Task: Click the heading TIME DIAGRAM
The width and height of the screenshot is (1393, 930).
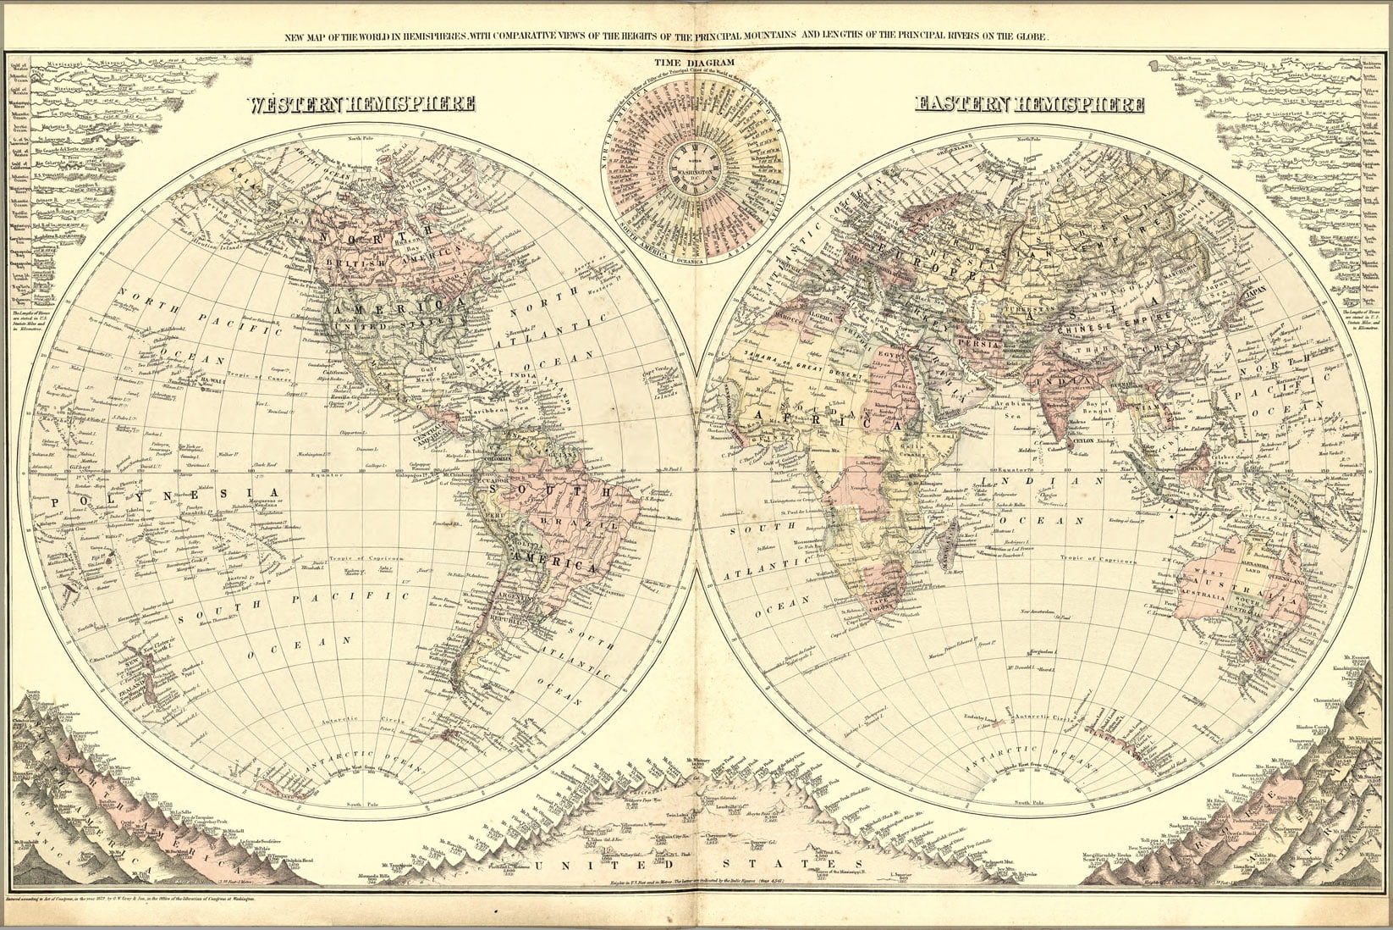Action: (694, 62)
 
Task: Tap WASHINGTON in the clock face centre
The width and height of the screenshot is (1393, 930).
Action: (694, 178)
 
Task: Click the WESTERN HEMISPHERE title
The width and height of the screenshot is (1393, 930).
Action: (361, 105)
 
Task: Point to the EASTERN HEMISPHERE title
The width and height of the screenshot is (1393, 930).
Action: (1030, 105)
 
